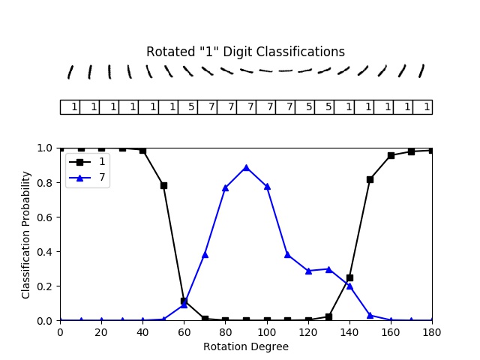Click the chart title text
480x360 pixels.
pyautogui.click(x=245, y=52)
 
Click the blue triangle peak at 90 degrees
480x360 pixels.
pyautogui.click(x=246, y=167)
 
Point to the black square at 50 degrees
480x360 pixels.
pyautogui.click(x=163, y=185)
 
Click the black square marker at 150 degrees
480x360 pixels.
pyautogui.click(x=370, y=179)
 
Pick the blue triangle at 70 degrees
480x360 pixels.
pyautogui.click(x=205, y=254)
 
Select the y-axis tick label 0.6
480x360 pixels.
pyautogui.click(x=46, y=217)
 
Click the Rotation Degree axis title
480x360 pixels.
pyautogui.click(x=246, y=346)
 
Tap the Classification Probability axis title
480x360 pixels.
pyautogui.click(x=27, y=234)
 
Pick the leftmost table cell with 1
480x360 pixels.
pyautogui.click(x=70, y=107)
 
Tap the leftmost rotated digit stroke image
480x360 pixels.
pyautogui.click(x=70, y=72)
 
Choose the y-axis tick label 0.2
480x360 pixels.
pyautogui.click(x=46, y=286)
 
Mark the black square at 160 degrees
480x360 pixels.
pyautogui.click(x=391, y=155)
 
